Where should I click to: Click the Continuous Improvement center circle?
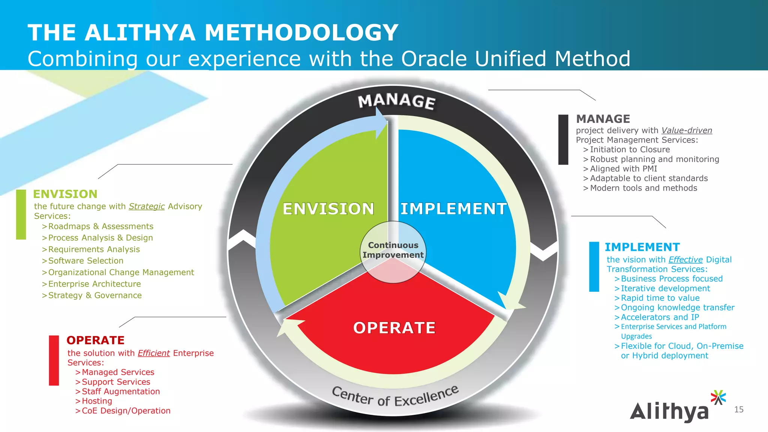point(393,250)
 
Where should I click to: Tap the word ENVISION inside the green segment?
point(328,208)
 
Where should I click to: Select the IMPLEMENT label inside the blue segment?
point(453,208)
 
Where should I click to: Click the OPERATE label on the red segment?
point(394,328)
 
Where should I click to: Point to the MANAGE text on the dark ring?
point(397,101)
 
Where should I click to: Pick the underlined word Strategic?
point(147,206)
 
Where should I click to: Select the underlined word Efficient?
point(154,353)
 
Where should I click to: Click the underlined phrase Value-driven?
point(686,130)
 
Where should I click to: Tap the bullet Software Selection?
point(85,261)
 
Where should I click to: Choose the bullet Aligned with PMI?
point(623,169)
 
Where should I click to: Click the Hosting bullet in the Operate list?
point(97,401)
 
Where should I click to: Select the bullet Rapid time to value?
point(660,298)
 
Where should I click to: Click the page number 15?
point(739,409)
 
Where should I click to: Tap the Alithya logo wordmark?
point(669,411)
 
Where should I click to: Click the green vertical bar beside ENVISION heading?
point(21,214)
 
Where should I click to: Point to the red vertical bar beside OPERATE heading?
point(54,360)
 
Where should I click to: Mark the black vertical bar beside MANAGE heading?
point(563,139)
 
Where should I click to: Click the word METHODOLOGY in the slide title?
point(301,33)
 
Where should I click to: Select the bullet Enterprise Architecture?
point(94,284)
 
